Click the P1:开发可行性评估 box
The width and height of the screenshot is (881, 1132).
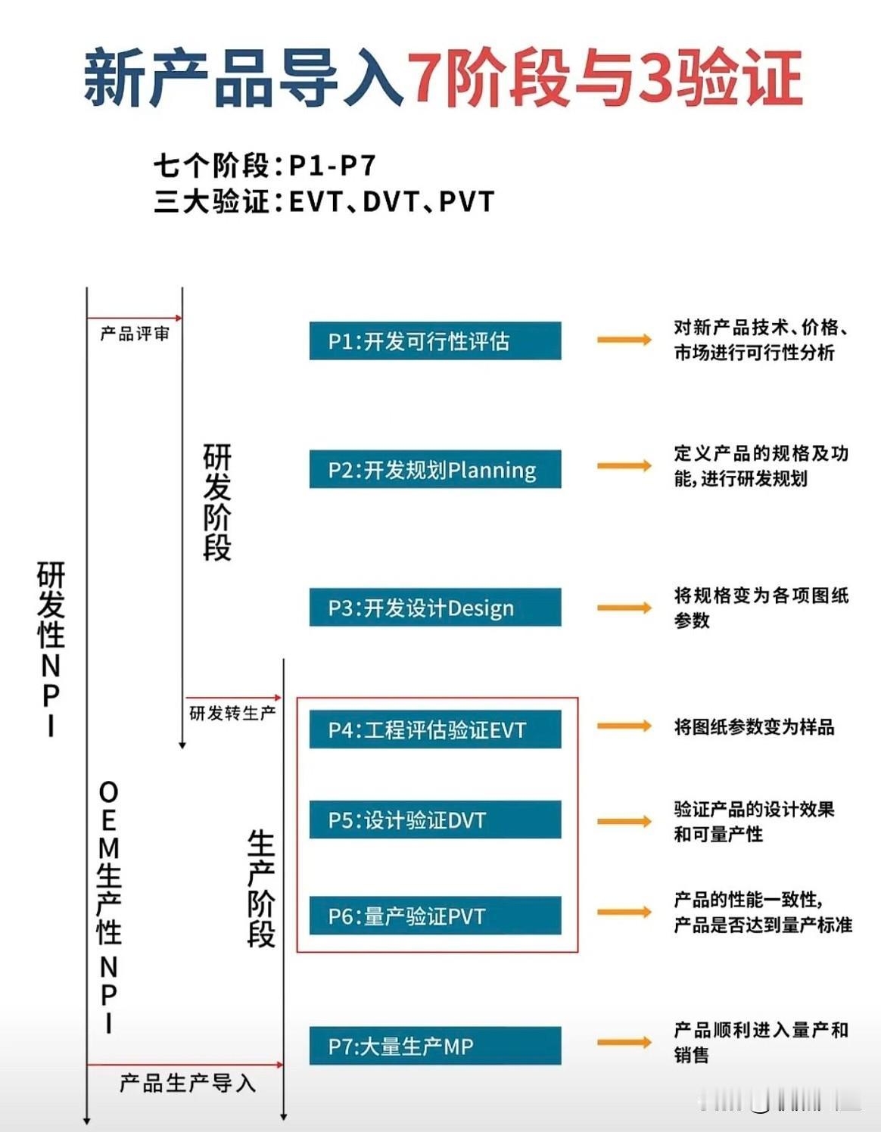point(435,341)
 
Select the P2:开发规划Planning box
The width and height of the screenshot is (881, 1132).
point(435,470)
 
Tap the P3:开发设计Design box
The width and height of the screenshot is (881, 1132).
point(435,608)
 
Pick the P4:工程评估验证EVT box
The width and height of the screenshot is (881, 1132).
point(435,729)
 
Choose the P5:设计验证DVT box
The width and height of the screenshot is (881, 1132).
point(435,820)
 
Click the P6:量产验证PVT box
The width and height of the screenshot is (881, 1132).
point(435,916)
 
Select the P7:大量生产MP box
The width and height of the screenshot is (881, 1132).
point(435,1046)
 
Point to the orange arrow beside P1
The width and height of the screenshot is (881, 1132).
point(624,340)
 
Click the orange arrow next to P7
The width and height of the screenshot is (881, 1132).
point(624,1043)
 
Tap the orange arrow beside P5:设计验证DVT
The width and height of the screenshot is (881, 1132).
point(624,821)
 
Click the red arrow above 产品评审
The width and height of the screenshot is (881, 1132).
point(135,318)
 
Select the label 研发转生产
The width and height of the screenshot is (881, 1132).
point(232,713)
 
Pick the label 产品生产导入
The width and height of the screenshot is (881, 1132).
point(187,1084)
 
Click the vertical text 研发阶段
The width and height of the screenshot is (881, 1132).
point(217,502)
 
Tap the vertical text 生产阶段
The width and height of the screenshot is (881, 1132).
point(261,889)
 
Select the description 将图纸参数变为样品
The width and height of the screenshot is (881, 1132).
point(754,727)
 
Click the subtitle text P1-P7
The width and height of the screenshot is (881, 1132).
point(332,165)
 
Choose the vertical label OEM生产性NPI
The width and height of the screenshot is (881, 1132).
point(109,907)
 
